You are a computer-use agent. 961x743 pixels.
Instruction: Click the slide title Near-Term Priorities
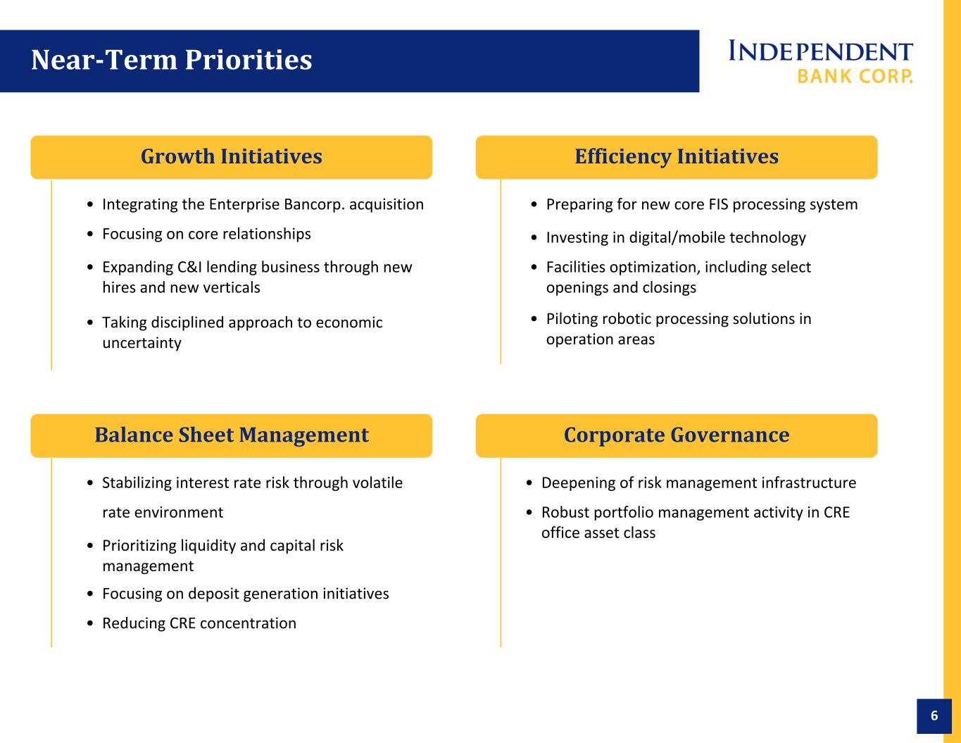tap(172, 60)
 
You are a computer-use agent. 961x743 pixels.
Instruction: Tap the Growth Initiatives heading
tap(232, 156)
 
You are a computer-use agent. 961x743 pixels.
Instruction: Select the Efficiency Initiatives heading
tap(677, 157)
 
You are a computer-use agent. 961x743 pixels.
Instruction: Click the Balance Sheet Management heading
tap(232, 435)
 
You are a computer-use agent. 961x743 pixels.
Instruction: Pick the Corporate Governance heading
tap(677, 435)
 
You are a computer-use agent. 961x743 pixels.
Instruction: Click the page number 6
tap(934, 716)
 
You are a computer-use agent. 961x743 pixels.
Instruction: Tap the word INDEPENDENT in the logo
tap(821, 51)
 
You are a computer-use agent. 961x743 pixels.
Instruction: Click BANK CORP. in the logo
tap(855, 76)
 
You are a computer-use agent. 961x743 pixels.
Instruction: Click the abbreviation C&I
tap(189, 267)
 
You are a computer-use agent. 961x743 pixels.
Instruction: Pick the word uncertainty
tap(142, 343)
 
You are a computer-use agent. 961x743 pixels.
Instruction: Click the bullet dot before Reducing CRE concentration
tap(90, 623)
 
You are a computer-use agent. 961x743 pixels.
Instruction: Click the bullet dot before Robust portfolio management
tap(529, 513)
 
